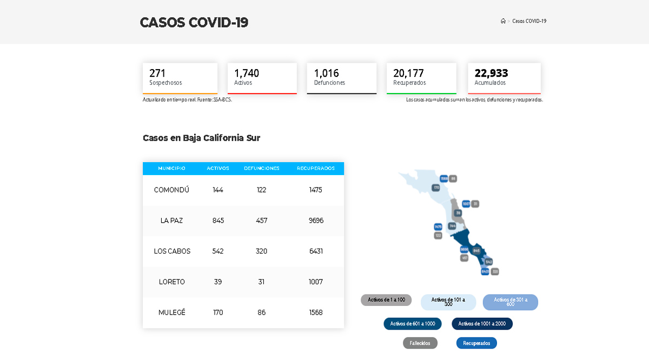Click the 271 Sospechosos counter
(x=157, y=73)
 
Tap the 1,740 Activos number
(x=247, y=73)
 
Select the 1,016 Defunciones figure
(x=326, y=73)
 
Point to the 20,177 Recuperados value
(x=408, y=73)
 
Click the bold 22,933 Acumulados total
(x=491, y=73)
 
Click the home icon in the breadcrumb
(x=503, y=21)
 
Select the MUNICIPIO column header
(x=171, y=168)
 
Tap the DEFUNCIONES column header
(x=262, y=168)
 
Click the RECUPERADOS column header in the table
(x=316, y=168)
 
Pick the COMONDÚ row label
(x=171, y=190)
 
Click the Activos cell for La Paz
(x=218, y=221)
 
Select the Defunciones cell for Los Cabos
(x=262, y=251)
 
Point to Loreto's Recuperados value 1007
(x=316, y=282)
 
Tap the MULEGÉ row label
(x=171, y=312)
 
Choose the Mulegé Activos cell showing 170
(x=218, y=312)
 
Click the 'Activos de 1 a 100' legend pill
(x=386, y=300)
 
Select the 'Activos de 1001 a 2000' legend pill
(x=482, y=324)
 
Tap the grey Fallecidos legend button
(x=420, y=343)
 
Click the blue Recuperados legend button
(x=476, y=343)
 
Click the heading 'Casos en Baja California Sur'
(x=201, y=138)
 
